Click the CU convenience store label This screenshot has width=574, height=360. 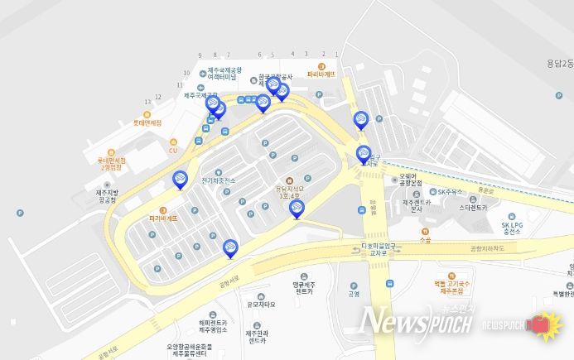pyautogui.click(x=173, y=150)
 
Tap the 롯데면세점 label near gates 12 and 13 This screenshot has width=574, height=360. pyautogui.click(x=147, y=123)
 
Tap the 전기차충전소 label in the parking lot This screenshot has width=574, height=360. pyautogui.click(x=218, y=180)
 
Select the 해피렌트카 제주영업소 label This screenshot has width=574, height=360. pyautogui.click(x=214, y=327)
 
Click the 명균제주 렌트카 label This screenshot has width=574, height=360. pyautogui.click(x=305, y=288)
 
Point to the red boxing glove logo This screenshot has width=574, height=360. pyautogui.click(x=545, y=325)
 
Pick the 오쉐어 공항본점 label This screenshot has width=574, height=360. pyautogui.click(x=410, y=179)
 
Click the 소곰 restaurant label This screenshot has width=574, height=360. pyautogui.click(x=425, y=240)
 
